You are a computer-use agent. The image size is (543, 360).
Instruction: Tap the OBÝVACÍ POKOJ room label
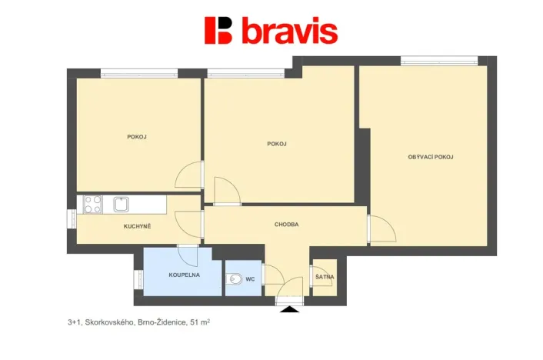click(430, 157)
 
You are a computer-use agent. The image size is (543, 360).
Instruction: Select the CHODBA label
click(286, 225)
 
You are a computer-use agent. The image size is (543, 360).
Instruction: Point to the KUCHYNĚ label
click(137, 226)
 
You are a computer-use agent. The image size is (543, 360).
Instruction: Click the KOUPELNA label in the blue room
click(184, 275)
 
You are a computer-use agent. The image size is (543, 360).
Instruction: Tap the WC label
click(250, 279)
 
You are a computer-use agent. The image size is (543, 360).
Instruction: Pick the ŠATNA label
click(323, 277)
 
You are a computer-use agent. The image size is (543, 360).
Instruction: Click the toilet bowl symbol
click(235, 279)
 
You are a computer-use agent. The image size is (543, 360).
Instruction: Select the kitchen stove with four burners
click(92, 204)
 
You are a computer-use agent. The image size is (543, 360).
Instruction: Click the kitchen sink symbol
click(121, 204)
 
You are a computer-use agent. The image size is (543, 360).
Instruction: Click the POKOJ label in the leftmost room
click(137, 137)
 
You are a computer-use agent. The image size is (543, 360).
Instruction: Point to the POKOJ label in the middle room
click(277, 144)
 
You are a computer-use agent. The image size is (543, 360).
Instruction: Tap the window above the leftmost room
click(139, 74)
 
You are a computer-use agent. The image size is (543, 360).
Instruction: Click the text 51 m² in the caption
click(198, 324)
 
